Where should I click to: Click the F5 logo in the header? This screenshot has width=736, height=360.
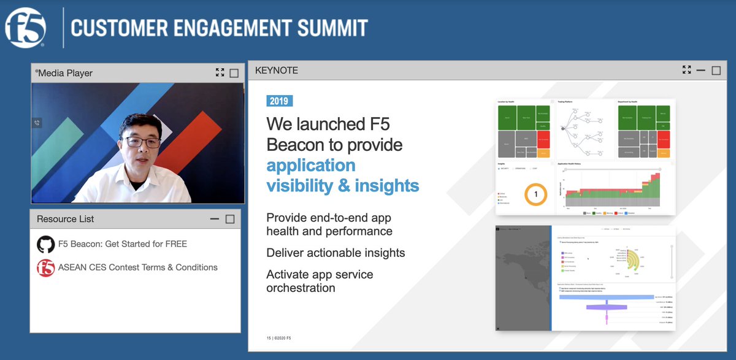point(25,28)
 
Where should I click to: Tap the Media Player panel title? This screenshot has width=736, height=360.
point(65,73)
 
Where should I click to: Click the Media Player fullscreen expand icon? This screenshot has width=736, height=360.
point(220,73)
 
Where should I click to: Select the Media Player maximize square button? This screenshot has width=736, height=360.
point(234,73)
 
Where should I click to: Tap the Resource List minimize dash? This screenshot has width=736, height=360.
point(215,219)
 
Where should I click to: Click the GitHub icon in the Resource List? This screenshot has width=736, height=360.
point(45,244)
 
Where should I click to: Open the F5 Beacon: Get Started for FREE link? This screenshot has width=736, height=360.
point(122,244)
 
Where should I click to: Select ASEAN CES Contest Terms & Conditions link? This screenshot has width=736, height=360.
point(137,267)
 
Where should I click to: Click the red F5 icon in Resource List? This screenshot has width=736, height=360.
point(45,268)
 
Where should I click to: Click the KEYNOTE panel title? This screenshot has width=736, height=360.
point(276,71)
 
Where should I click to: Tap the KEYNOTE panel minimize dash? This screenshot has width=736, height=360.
point(701,71)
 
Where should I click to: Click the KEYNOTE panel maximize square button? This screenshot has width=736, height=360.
point(716,71)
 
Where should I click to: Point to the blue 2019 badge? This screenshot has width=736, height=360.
point(280,101)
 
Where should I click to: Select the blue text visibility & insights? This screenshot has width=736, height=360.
point(342,185)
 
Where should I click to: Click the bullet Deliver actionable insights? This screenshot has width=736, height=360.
point(335,253)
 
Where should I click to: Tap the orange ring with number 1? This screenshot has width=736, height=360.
point(535,194)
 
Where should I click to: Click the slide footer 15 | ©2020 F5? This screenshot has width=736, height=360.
point(278,338)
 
